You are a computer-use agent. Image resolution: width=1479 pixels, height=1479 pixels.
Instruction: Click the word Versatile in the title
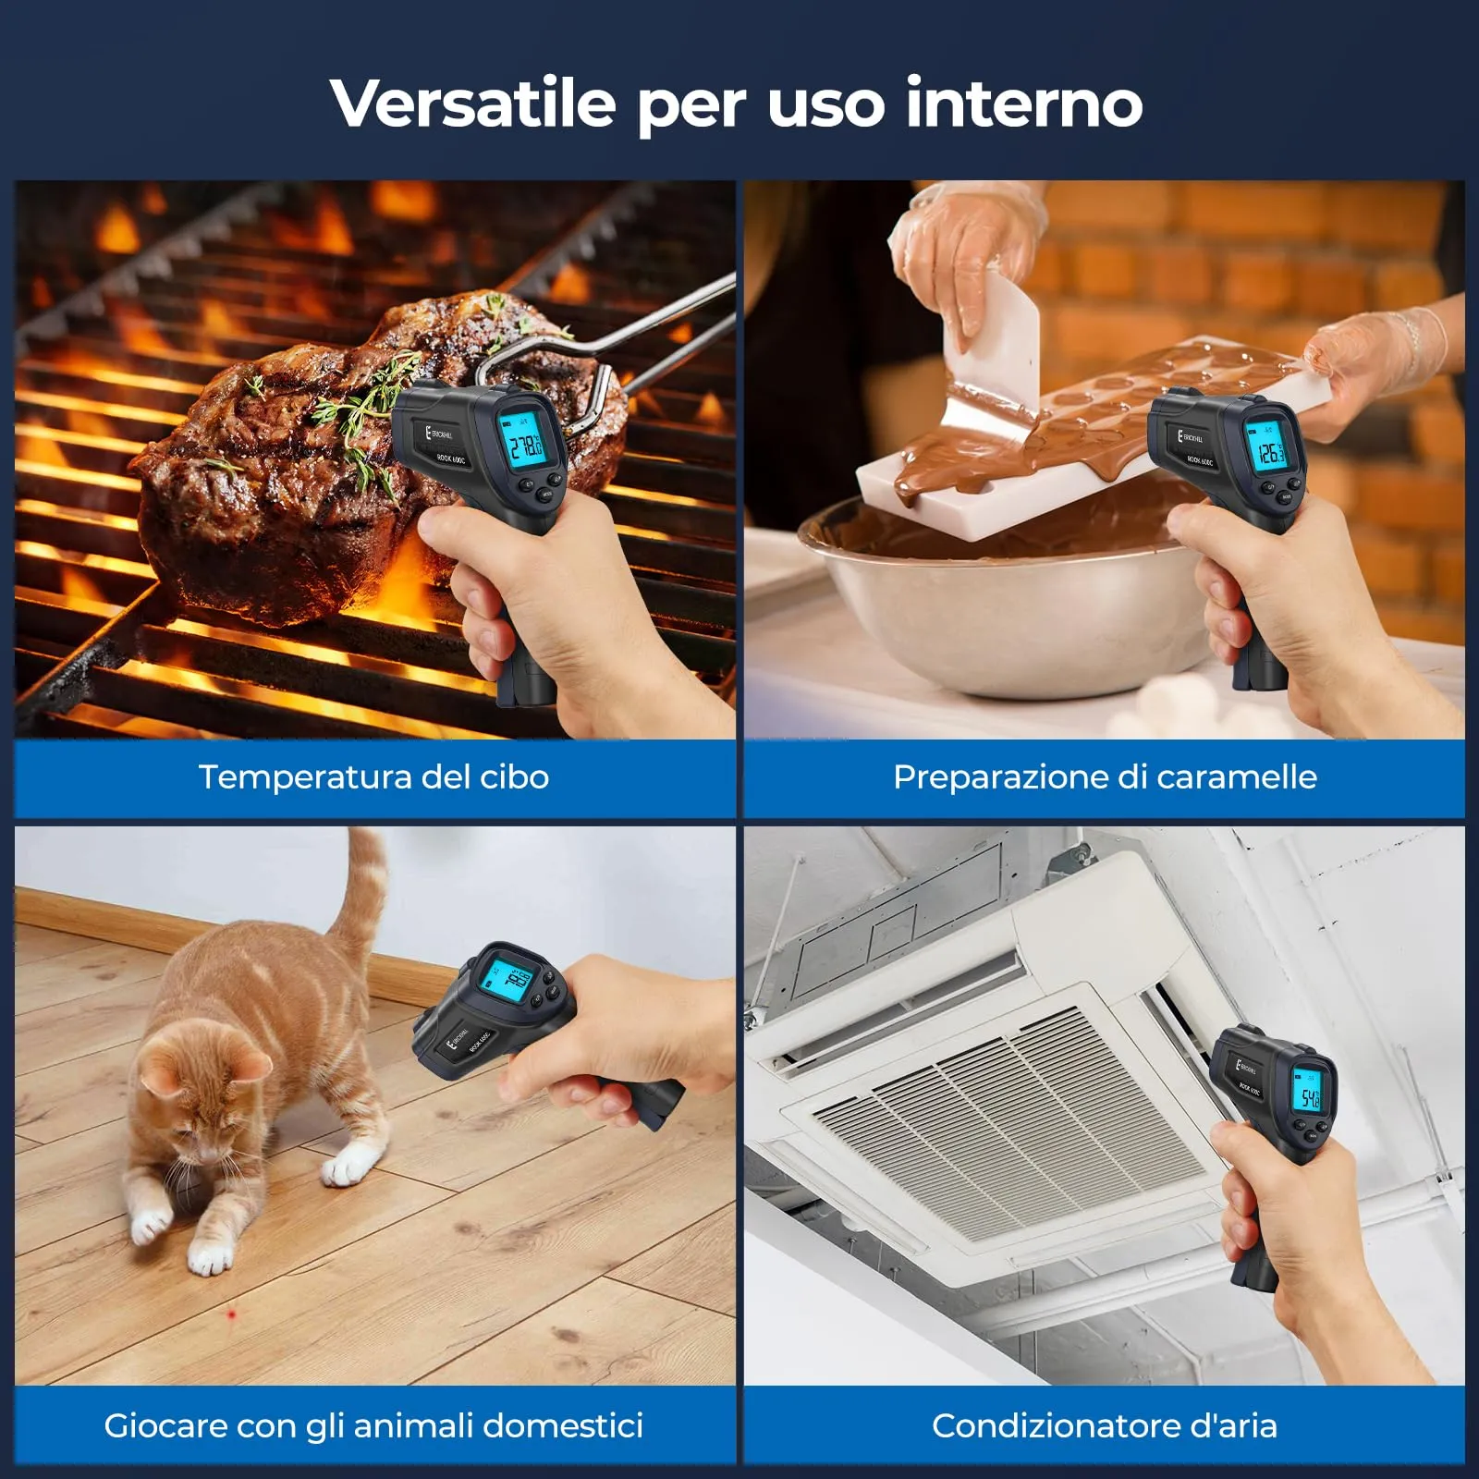tap(472, 103)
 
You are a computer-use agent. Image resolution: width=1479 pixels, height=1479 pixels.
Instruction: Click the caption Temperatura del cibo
tap(373, 777)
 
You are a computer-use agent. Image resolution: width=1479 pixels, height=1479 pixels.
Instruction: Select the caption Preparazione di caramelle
tap(1105, 777)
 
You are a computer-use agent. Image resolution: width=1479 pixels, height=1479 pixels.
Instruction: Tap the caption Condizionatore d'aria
tap(1105, 1425)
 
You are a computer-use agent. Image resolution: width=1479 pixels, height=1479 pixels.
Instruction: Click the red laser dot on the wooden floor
tap(232, 1313)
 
